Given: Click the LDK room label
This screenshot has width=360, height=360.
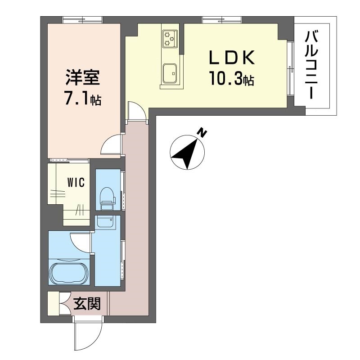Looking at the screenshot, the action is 232,58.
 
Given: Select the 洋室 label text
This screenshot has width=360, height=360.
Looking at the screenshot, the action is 83,77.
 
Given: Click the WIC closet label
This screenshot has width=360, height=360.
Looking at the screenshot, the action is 76,183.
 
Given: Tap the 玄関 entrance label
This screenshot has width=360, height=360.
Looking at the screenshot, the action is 87,304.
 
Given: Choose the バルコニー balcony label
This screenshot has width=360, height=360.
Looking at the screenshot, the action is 311,65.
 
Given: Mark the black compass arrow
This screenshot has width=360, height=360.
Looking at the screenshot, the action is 186,153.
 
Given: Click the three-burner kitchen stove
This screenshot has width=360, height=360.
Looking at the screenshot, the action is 170,39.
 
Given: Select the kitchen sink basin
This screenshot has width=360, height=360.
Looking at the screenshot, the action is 170,74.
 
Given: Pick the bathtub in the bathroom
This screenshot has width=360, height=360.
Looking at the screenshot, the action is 69,274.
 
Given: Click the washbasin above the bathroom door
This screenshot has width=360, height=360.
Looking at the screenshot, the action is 105,222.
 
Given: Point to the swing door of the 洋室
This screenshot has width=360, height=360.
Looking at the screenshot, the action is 111,144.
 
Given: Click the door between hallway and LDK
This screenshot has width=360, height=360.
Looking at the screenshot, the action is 137,111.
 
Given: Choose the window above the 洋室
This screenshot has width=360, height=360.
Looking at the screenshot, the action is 82,20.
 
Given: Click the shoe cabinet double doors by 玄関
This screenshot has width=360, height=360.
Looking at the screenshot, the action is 65,303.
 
